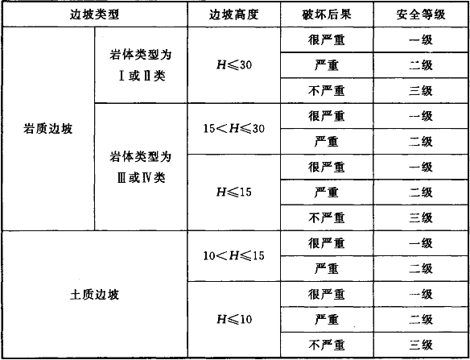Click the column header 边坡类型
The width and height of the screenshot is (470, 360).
click(95, 14)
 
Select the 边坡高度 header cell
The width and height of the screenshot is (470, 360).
click(234, 14)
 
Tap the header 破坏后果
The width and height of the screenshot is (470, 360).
click(327, 14)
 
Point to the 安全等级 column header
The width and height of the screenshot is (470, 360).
click(421, 14)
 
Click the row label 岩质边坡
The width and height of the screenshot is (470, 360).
click(48, 129)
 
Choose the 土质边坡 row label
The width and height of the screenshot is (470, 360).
click(95, 295)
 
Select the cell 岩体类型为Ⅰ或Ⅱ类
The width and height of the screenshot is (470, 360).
click(141, 65)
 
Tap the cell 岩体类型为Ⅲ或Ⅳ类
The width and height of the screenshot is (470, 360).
click(141, 167)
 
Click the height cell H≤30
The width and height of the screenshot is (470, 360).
click(234, 64)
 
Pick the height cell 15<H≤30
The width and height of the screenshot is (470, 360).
click(234, 129)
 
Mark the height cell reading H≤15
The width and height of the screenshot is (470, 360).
click(234, 192)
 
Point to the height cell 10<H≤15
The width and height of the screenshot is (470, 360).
click(234, 255)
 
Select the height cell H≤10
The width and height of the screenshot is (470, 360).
click(234, 319)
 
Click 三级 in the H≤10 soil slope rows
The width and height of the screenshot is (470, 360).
click(421, 345)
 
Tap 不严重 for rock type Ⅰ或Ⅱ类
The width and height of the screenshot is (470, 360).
click(327, 90)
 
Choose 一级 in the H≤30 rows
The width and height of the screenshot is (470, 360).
click(421, 39)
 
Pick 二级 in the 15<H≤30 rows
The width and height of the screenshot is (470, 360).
click(421, 142)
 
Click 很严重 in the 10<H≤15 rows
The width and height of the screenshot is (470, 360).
click(327, 243)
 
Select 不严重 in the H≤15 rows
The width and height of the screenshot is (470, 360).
click(327, 217)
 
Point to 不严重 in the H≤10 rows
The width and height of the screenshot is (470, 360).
click(327, 345)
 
